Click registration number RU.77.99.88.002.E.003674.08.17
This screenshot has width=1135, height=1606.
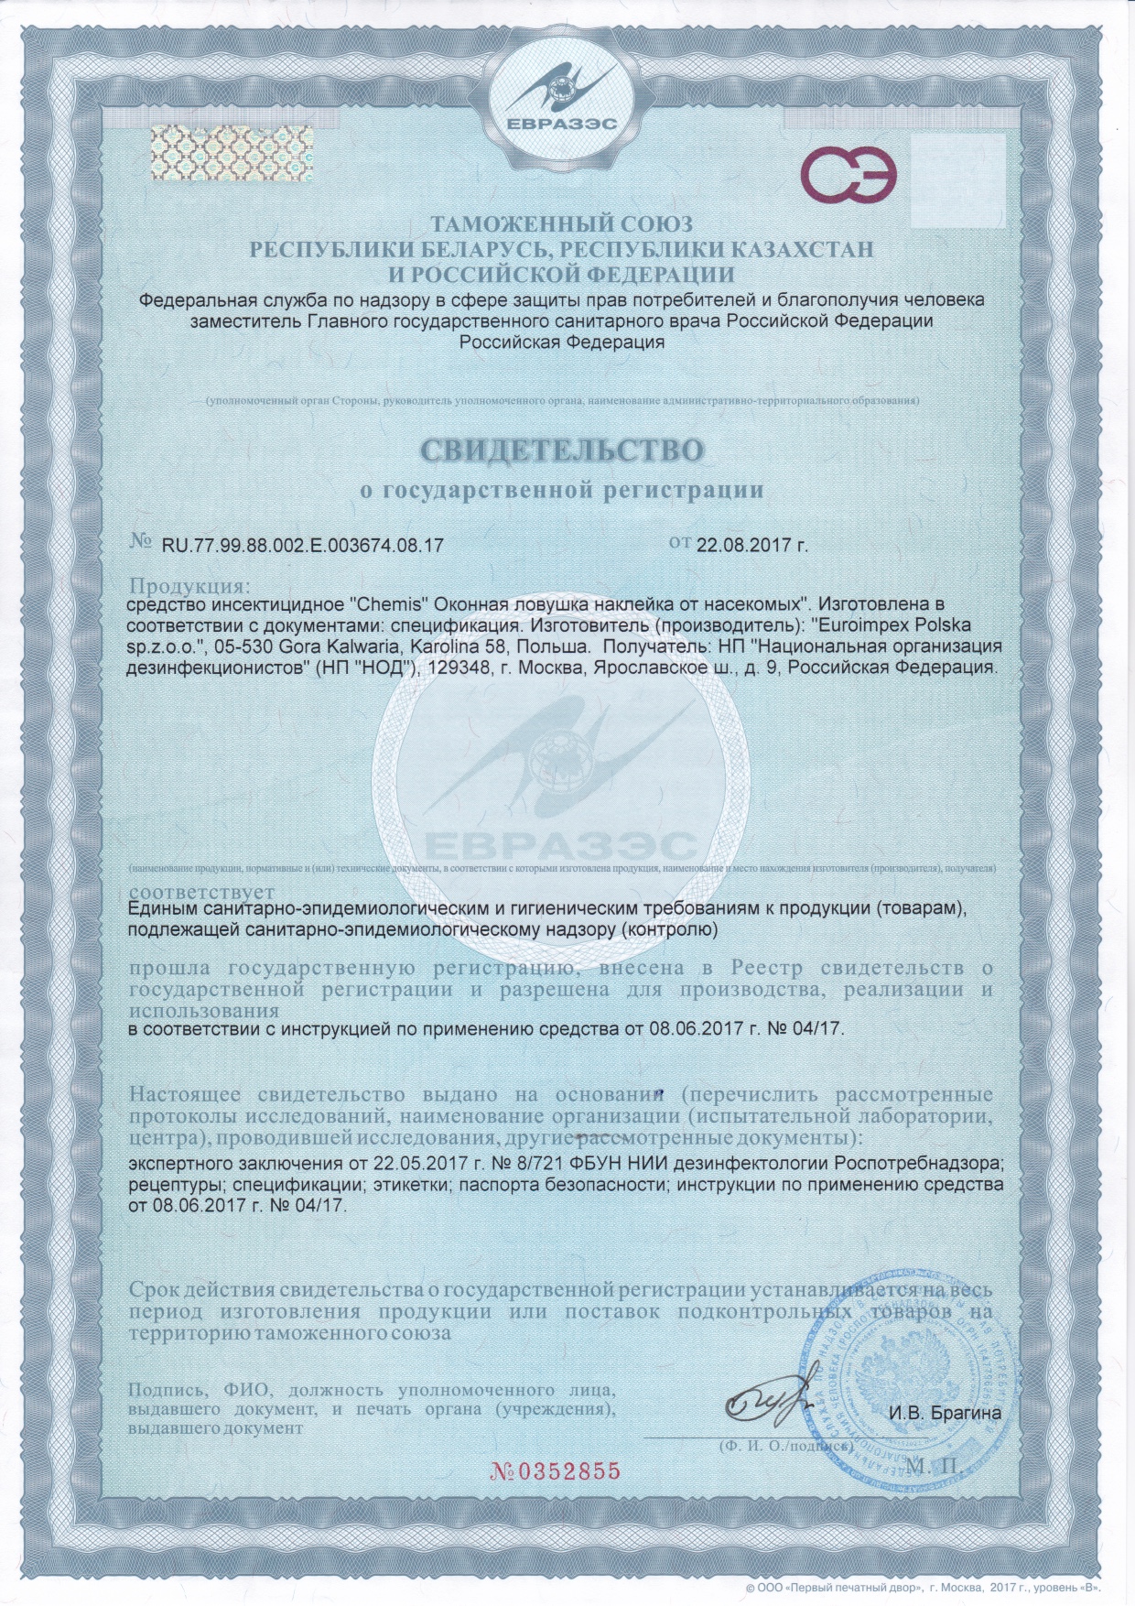tap(303, 546)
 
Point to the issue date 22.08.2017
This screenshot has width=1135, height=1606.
tap(751, 546)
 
